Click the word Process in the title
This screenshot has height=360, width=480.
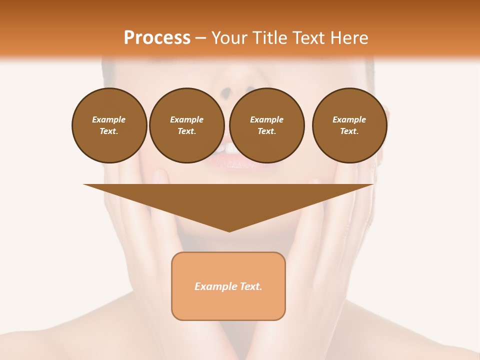(x=157, y=38)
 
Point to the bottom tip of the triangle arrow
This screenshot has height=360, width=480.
(x=229, y=231)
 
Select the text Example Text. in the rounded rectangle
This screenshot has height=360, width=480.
(x=228, y=286)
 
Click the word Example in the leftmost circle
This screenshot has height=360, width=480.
(x=109, y=119)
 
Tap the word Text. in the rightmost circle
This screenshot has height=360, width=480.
(x=349, y=131)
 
